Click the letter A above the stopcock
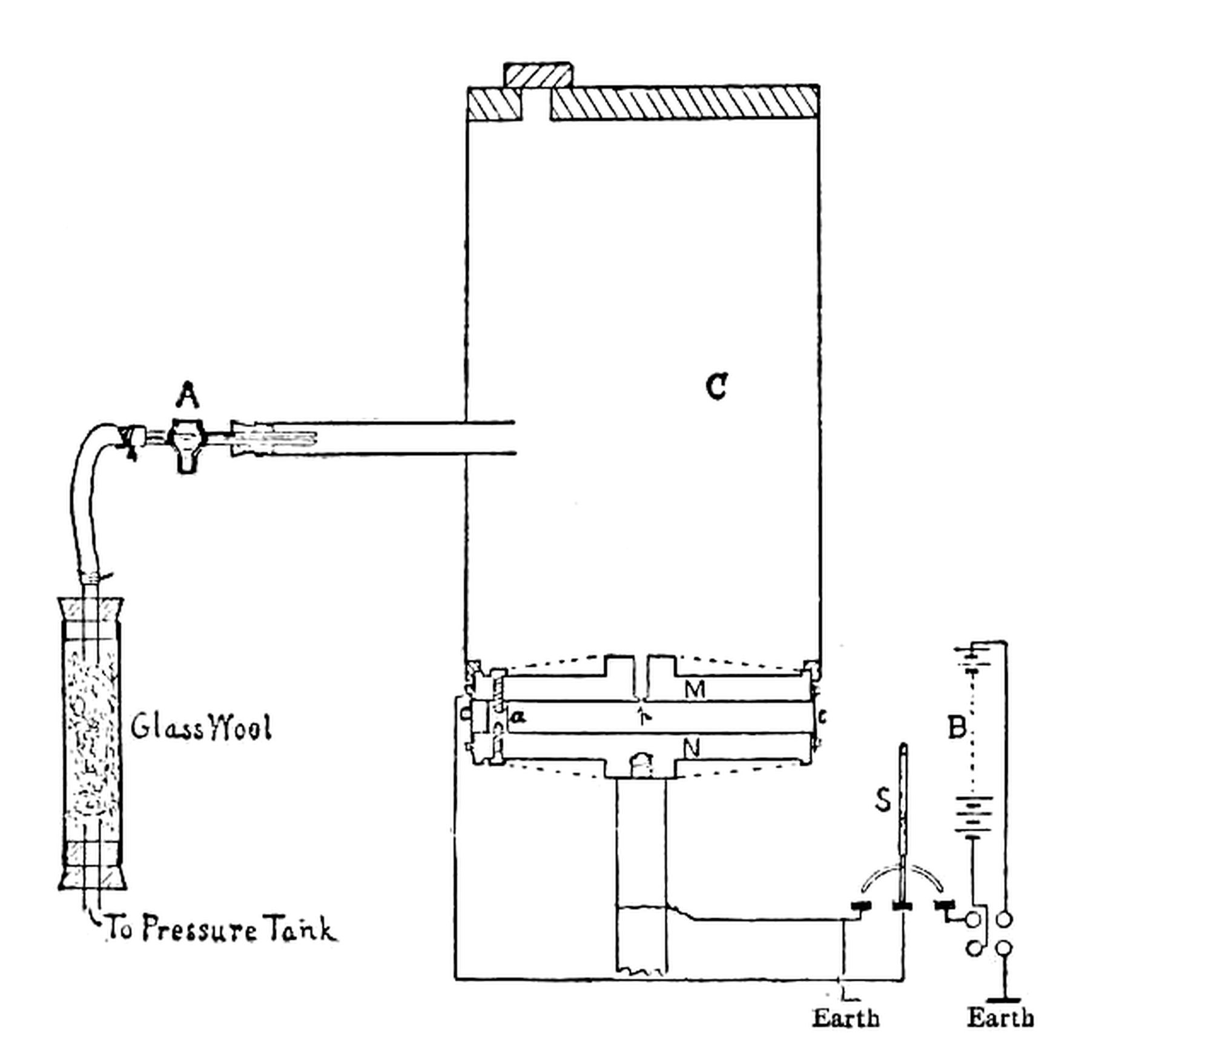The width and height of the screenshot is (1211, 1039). pos(188,397)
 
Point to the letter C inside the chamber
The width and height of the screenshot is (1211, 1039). pos(717,386)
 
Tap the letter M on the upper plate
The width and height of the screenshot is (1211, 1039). pos(695,689)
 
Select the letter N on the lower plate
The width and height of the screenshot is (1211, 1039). pos(692,750)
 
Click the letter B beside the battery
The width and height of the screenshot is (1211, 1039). pos(957,728)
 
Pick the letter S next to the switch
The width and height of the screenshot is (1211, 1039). pos(883,800)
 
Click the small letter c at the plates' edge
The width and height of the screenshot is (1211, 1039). pos(822,717)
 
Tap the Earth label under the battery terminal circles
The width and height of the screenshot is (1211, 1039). pos(1000,1017)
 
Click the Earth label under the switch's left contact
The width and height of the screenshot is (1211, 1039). pos(845,1018)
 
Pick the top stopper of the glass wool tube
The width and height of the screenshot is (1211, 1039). pos(91,609)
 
